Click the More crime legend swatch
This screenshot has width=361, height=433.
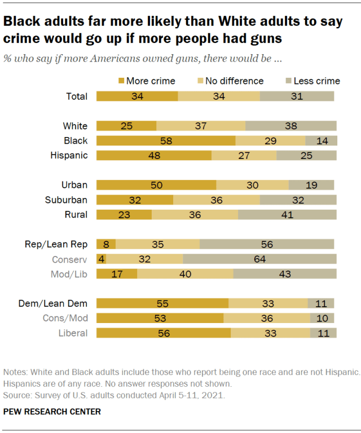[x=121, y=81]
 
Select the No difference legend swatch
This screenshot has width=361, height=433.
[x=200, y=81]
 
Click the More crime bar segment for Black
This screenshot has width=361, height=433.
[x=166, y=140]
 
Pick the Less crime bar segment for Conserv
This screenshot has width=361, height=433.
[x=259, y=259]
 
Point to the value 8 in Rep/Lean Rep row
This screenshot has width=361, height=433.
[x=106, y=244]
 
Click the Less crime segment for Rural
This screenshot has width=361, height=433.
[x=287, y=214]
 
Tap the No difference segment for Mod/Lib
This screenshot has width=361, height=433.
[x=185, y=273]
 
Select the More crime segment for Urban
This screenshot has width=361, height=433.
[x=156, y=185]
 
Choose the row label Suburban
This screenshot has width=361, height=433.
[x=67, y=200]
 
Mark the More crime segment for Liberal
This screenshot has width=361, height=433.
[x=164, y=333]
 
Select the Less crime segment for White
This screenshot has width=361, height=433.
[x=291, y=126]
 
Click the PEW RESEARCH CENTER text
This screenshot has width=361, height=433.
[x=52, y=412]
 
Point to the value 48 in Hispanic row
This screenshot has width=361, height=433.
[x=154, y=155]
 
